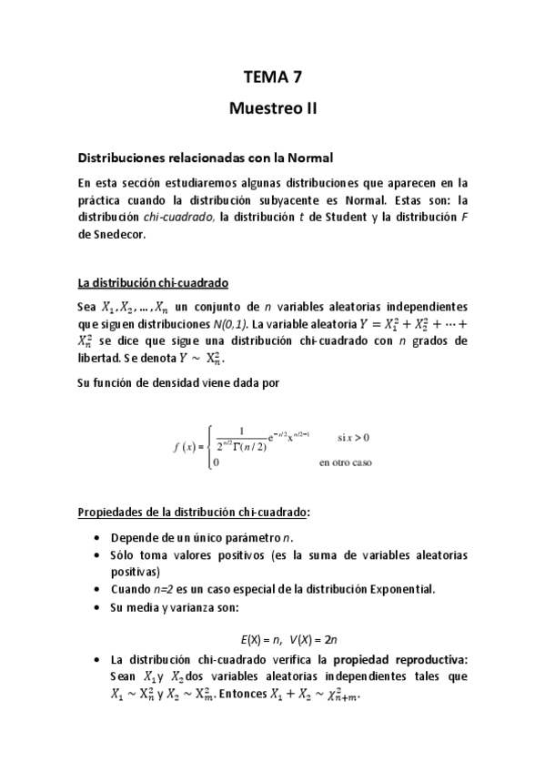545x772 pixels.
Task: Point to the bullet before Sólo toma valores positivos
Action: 97,555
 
